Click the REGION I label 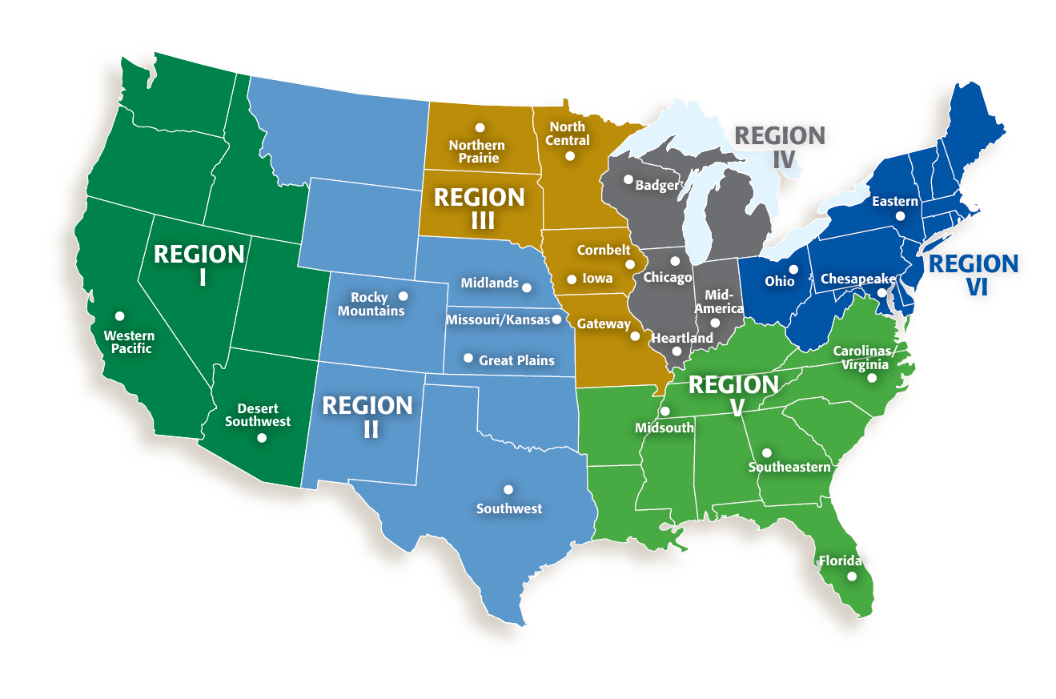199,265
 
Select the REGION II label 367,416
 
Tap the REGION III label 479,208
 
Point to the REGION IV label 780,146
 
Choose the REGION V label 733,396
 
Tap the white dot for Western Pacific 119,315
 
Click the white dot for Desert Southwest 261,437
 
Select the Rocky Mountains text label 371,304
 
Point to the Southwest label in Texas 508,508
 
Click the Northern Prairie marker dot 480,127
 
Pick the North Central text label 568,134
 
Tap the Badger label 656,186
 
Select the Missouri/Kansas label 498,320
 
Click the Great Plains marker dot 468,358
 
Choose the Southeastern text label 789,467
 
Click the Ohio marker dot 793,269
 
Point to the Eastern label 895,202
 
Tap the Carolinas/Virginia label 863,357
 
